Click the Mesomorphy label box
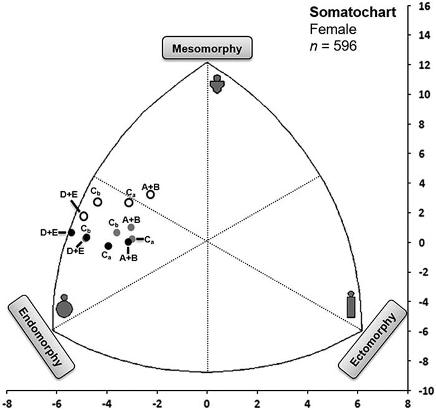point(207,47)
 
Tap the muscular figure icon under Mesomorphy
point(217,83)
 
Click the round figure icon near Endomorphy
point(64,307)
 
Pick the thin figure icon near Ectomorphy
point(351,305)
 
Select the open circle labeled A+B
point(151,194)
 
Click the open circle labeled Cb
point(98,202)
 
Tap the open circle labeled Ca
point(129,203)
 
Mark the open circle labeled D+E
point(83,216)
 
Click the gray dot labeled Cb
point(116,232)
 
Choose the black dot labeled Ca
point(108,246)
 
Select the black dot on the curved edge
point(71,232)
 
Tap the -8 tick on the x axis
point(7,403)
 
